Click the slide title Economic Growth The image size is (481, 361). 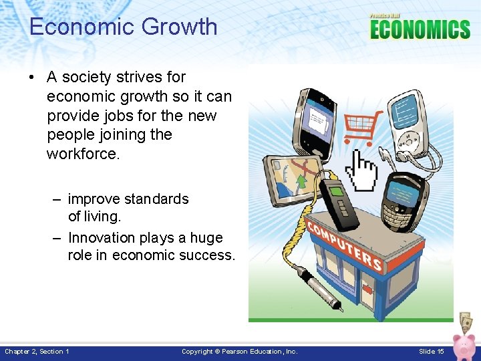click(x=124, y=27)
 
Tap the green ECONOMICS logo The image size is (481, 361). click(x=420, y=29)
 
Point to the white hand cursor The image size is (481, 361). click(x=364, y=170)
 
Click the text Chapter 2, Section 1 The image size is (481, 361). click(x=37, y=352)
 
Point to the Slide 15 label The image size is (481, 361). click(x=432, y=352)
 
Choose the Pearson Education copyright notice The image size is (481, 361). click(x=240, y=352)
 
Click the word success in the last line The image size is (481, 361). click(x=208, y=255)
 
